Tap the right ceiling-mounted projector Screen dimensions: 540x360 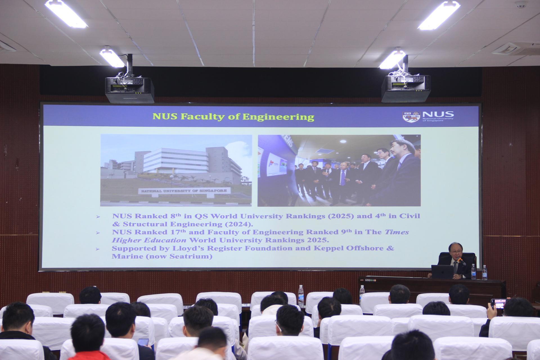(406, 88)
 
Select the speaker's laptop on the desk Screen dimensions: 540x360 (442, 271)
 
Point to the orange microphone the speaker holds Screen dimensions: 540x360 (462, 262)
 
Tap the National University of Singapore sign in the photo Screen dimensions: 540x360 (184, 191)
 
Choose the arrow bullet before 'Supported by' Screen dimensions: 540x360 (98, 249)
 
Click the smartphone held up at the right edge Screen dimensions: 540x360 (498, 303)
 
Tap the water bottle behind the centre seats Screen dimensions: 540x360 (301, 296)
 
